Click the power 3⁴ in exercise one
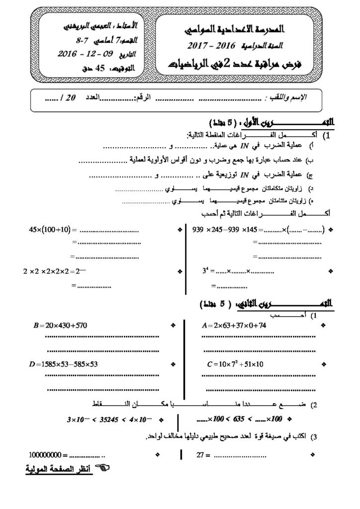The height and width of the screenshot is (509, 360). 204,272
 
